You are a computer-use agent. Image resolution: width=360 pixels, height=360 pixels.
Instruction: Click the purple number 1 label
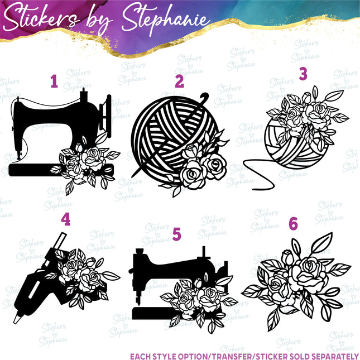(x=54, y=82)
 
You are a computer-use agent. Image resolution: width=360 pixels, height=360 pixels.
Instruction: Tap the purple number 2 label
(x=179, y=82)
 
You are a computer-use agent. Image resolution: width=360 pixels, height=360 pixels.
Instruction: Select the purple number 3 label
(x=303, y=74)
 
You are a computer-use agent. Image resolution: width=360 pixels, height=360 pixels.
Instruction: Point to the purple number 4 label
(x=66, y=220)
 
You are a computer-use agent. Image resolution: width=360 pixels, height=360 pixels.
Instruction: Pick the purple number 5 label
(x=177, y=234)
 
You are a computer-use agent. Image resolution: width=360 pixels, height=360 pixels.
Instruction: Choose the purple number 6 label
(x=294, y=224)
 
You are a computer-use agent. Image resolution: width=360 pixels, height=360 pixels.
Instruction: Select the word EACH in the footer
(x=142, y=356)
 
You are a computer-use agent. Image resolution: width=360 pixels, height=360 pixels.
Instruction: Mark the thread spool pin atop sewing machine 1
(x=83, y=91)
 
